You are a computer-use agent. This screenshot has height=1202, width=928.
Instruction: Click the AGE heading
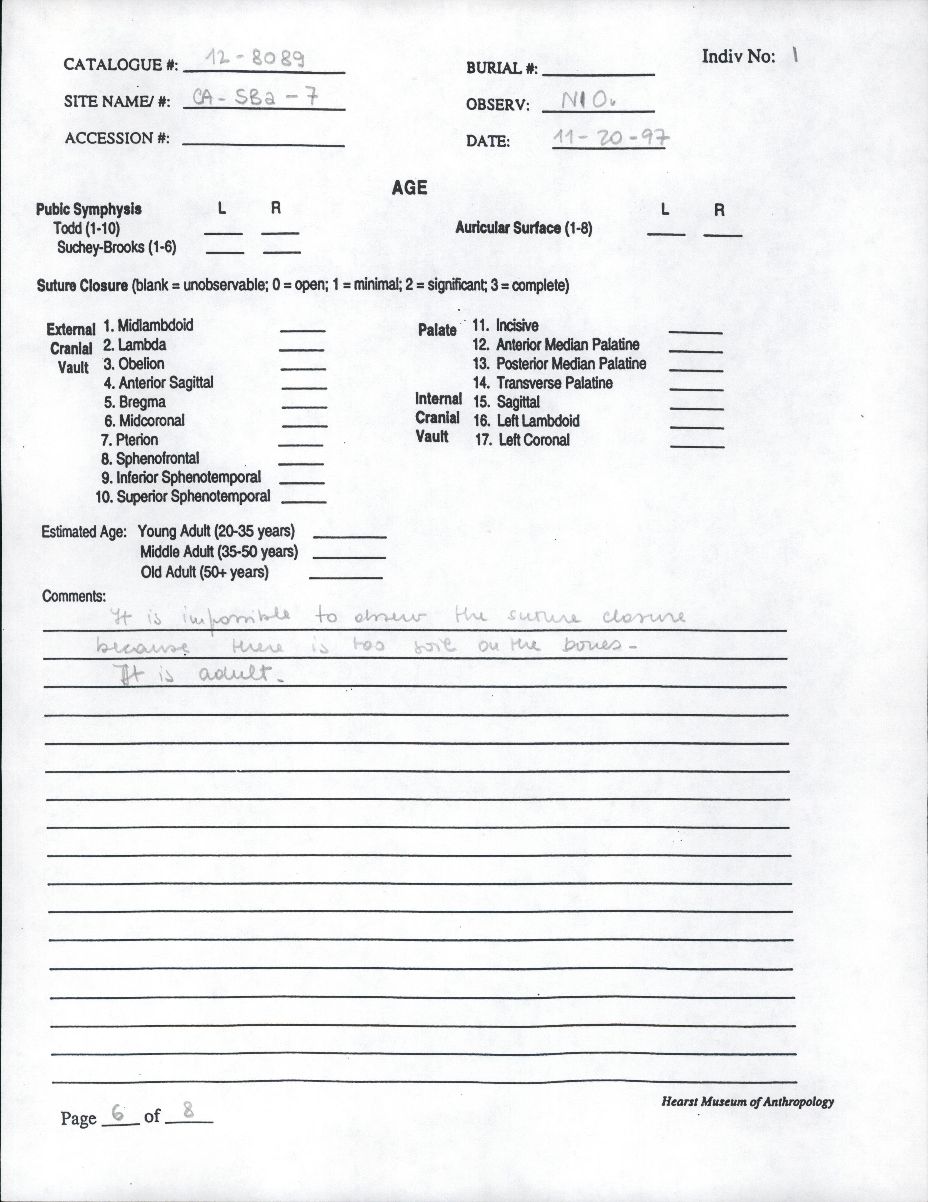[x=409, y=188]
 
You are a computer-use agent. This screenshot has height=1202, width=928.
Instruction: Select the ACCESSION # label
[x=117, y=138]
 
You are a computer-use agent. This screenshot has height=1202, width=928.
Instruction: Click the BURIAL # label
[x=501, y=68]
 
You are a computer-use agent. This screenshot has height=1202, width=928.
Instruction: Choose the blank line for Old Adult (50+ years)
[x=346, y=577]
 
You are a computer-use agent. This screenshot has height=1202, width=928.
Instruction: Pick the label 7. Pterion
[x=129, y=440]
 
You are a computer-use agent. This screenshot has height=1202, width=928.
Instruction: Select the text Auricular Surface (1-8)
[x=523, y=228]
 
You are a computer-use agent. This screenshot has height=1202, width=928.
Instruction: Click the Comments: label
[x=74, y=596]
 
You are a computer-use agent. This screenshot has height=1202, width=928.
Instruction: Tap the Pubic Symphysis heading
[x=88, y=209]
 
